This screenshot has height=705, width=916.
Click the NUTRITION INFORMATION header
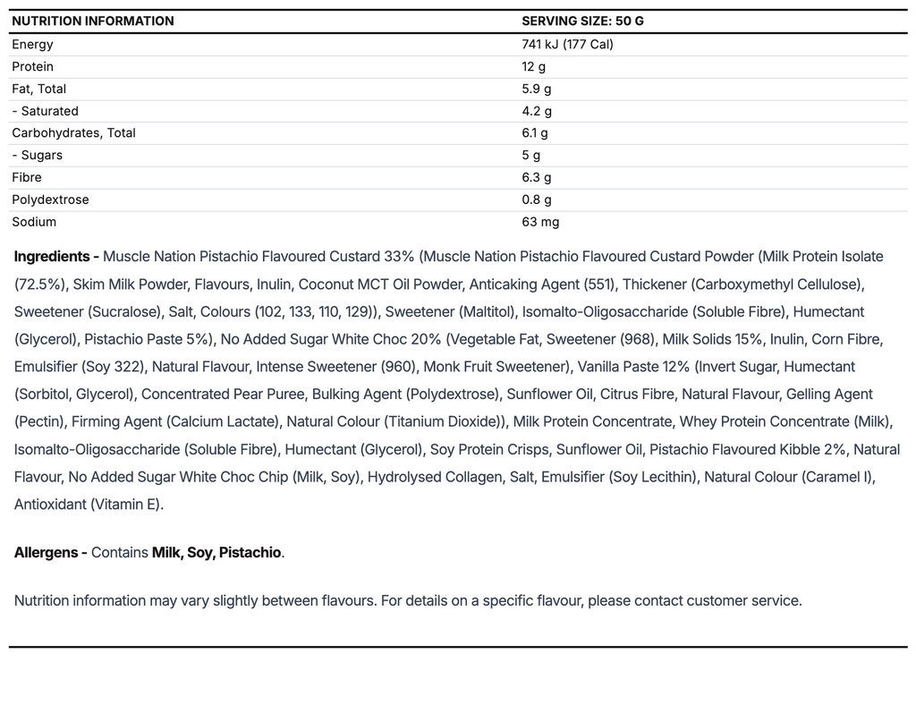[93, 21]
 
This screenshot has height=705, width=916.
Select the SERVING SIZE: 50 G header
[582, 21]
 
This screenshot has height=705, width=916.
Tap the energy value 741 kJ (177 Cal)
[567, 45]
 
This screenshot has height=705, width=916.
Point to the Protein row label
[32, 67]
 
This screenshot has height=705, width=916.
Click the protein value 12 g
[534, 67]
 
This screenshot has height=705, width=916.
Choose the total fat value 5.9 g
[537, 89]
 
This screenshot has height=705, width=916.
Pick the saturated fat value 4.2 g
[537, 112]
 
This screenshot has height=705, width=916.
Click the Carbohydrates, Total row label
[73, 133]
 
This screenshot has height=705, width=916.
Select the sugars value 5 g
[531, 156]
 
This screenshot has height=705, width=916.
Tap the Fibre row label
[27, 178]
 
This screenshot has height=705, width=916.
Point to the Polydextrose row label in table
[50, 200]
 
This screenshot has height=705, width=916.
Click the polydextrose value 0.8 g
[537, 200]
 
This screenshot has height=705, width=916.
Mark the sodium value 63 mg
[540, 222]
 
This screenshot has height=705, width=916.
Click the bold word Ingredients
[52, 257]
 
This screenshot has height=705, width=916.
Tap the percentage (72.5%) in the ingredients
[40, 285]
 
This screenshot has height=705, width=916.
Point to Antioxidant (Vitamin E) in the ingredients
[89, 505]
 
